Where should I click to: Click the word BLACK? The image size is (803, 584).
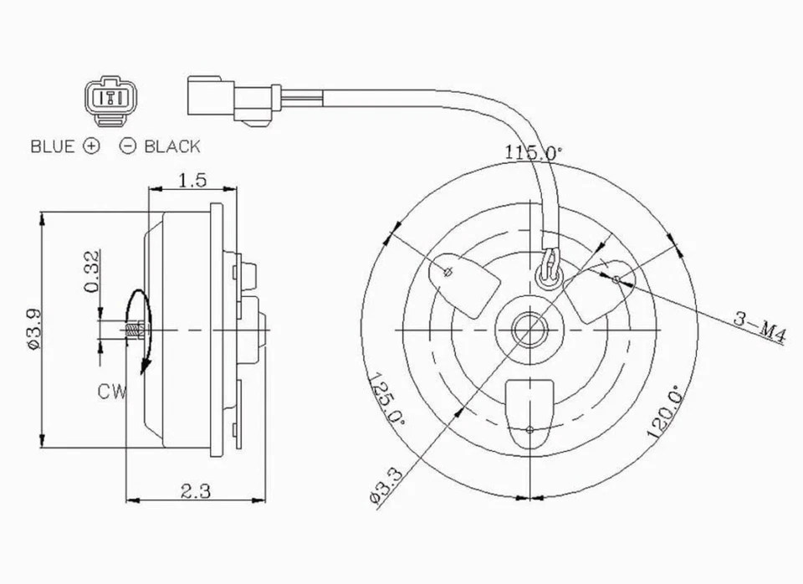[172, 146]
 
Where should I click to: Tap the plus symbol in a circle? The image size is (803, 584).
[91, 146]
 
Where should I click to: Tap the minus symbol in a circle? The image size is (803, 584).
[128, 146]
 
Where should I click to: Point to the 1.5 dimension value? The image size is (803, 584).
[192, 180]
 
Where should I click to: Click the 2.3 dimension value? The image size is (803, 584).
[194, 492]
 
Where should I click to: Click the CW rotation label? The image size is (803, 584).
[111, 391]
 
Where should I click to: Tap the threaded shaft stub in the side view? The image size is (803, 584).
[133, 330]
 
